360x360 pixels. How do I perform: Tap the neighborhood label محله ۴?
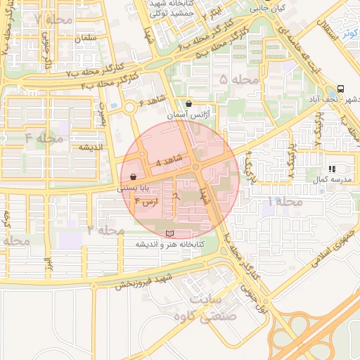[x=44, y=136]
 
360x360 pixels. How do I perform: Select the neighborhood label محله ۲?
[x=106, y=231]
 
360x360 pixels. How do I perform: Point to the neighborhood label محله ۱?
[x=285, y=202]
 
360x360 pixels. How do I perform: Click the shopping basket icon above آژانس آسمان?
[x=188, y=103]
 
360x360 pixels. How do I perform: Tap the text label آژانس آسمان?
[x=187, y=114]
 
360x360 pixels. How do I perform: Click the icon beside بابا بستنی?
[x=133, y=177]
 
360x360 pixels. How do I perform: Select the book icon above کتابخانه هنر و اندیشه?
[x=168, y=233]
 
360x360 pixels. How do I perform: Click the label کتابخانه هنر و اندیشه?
[x=169, y=244]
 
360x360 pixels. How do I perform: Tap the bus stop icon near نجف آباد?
[x=340, y=89]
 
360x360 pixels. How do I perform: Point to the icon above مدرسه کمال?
[x=332, y=169]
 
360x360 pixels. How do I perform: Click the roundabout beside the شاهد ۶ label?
[x=130, y=108]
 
